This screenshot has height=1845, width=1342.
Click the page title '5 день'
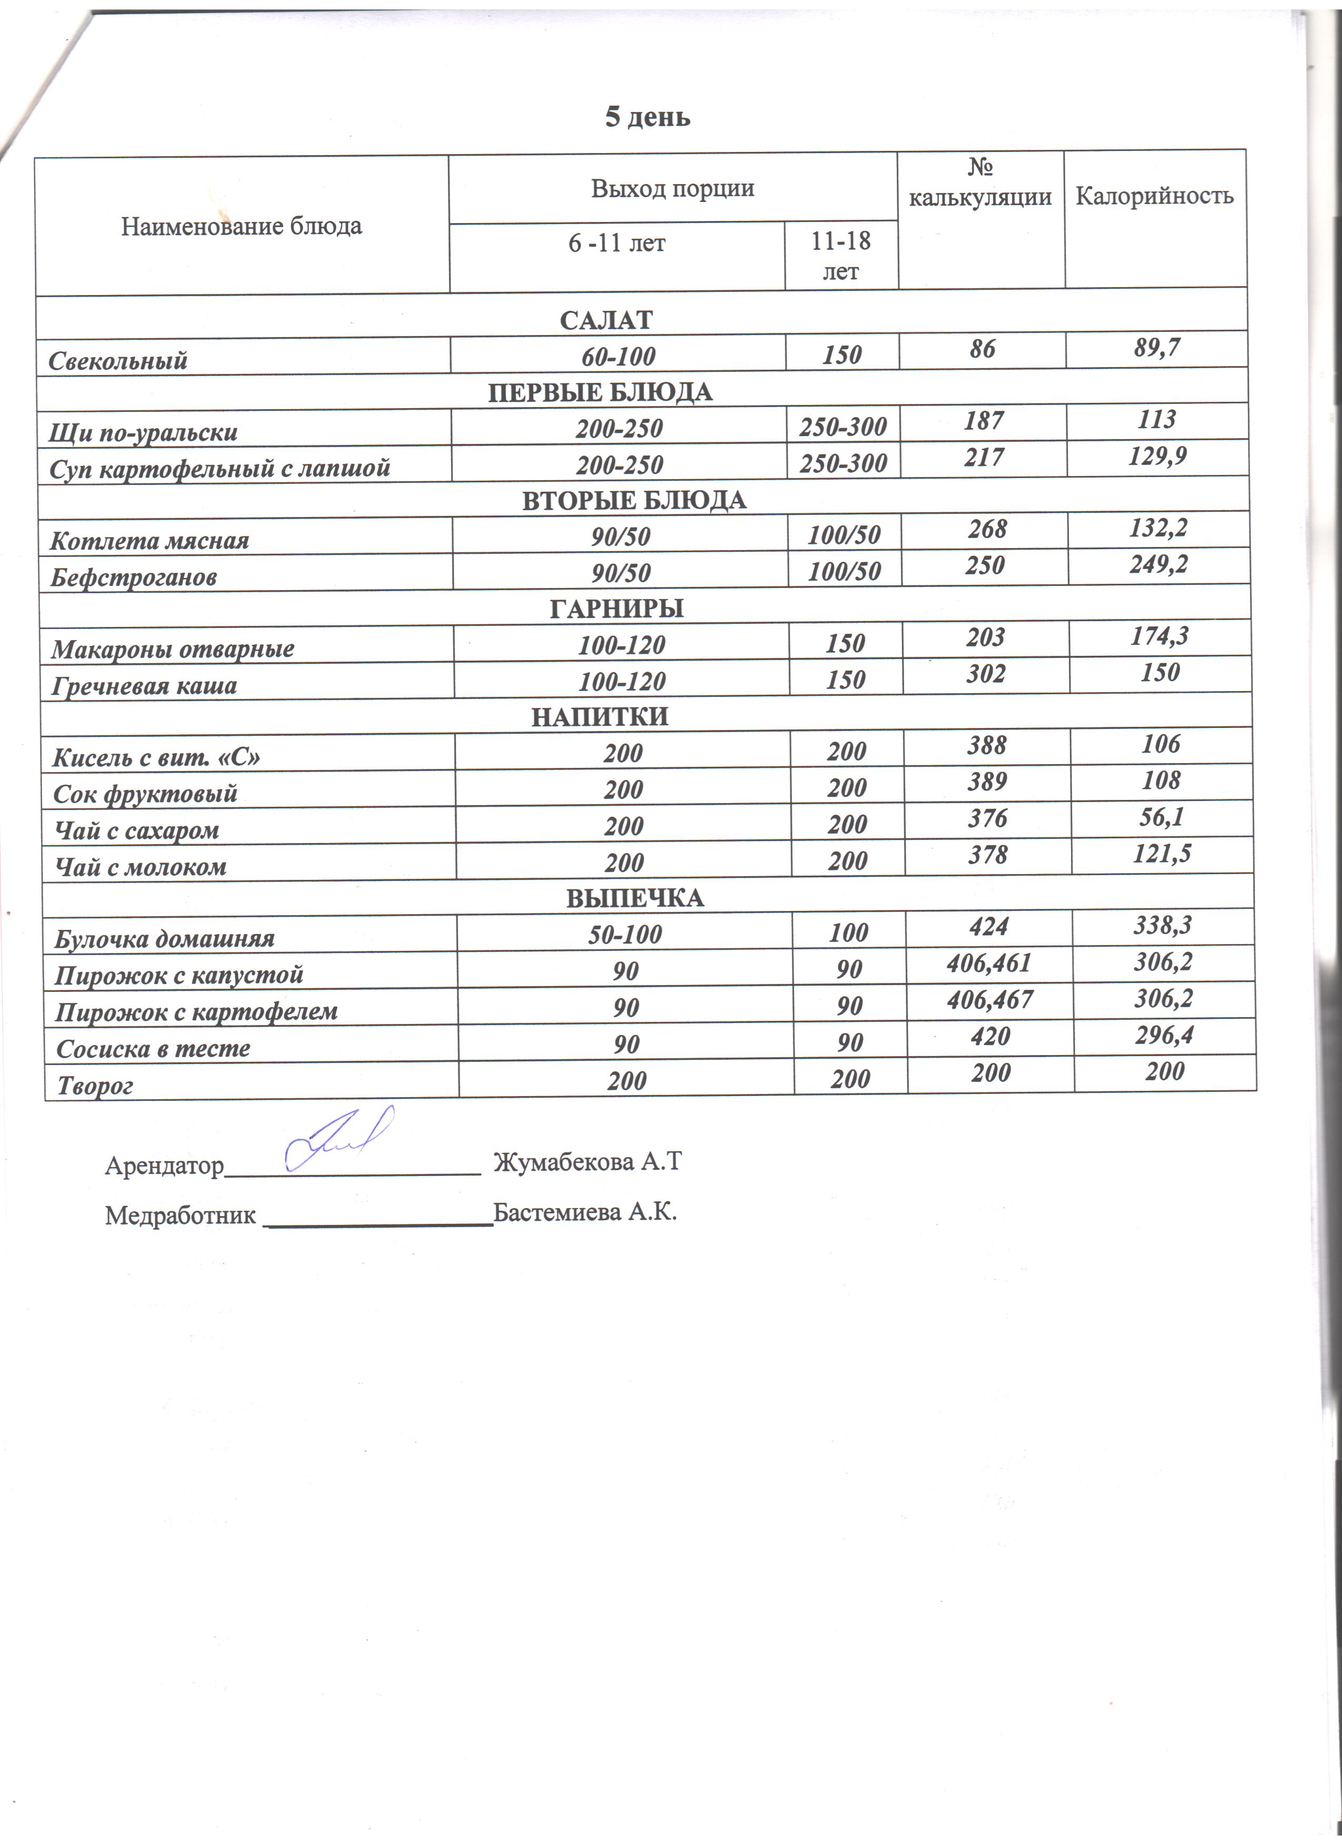coord(647,118)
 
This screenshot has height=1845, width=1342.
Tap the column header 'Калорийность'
coord(1154,196)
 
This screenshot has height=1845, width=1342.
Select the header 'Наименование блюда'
coord(242,226)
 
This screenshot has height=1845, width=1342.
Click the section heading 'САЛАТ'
coord(606,320)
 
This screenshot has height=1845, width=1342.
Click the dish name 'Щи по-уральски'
coord(143,432)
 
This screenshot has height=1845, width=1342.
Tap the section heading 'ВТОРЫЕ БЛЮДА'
coord(633,500)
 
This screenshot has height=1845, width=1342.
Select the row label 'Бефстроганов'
coord(134,577)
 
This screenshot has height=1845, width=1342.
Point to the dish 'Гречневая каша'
coord(144,686)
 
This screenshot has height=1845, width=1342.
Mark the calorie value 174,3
coord(1159,635)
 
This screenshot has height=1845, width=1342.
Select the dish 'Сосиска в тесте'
coord(153,1049)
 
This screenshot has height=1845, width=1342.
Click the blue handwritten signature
coord(339,1137)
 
